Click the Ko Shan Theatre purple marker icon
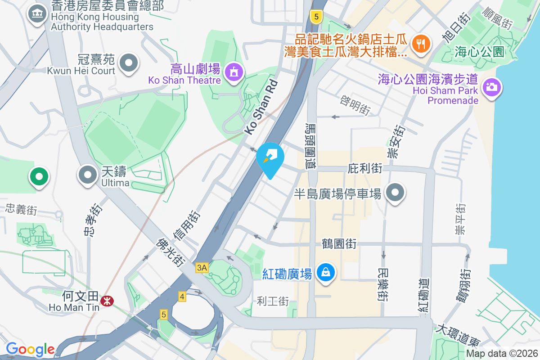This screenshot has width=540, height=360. pyautogui.click(x=234, y=72)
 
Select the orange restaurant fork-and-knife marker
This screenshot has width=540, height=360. pyautogui.click(x=421, y=44)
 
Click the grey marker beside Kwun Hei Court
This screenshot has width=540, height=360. pyautogui.click(x=129, y=63)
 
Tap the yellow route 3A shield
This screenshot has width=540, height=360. pyautogui.click(x=202, y=268)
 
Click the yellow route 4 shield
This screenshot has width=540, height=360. pyautogui.click(x=182, y=297)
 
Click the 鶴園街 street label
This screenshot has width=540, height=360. pyautogui.click(x=339, y=244)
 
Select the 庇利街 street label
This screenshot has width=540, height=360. pyautogui.click(x=365, y=169)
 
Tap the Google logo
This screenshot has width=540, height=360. pyautogui.click(x=30, y=349)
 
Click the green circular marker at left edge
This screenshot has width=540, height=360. pyautogui.click(x=39, y=176)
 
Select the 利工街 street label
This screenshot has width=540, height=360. pyautogui.click(x=273, y=301)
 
